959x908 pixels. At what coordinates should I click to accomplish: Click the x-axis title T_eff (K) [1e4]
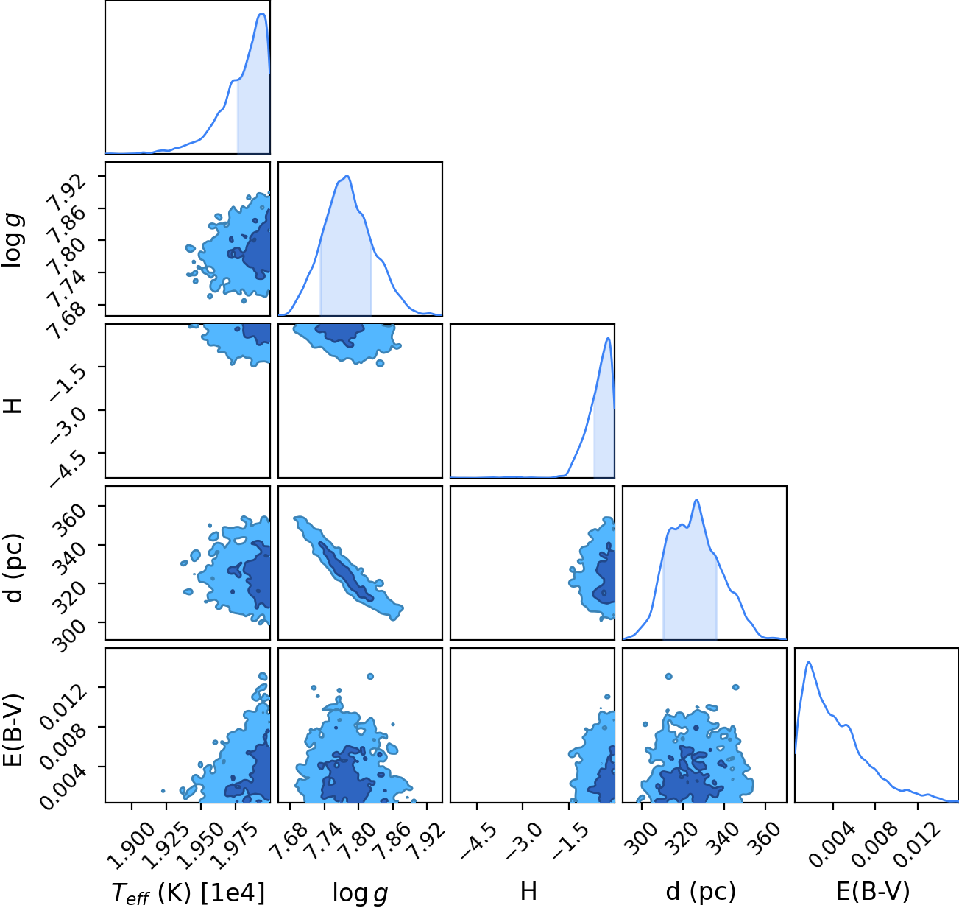pyautogui.click(x=188, y=893)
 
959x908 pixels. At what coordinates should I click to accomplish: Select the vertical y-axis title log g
pyautogui.click(x=13, y=240)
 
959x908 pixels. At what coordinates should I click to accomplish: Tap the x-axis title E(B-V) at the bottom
pyautogui.click(x=873, y=891)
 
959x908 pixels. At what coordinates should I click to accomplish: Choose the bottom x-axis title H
pyautogui.click(x=528, y=891)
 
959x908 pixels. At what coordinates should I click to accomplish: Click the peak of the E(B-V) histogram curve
pyautogui.click(x=808, y=663)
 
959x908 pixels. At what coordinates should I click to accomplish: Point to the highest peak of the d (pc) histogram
pyautogui.click(x=696, y=500)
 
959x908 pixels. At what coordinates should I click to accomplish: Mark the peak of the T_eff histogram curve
pyautogui.click(x=262, y=14)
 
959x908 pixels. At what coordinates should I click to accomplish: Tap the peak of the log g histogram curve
pyautogui.click(x=347, y=176)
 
